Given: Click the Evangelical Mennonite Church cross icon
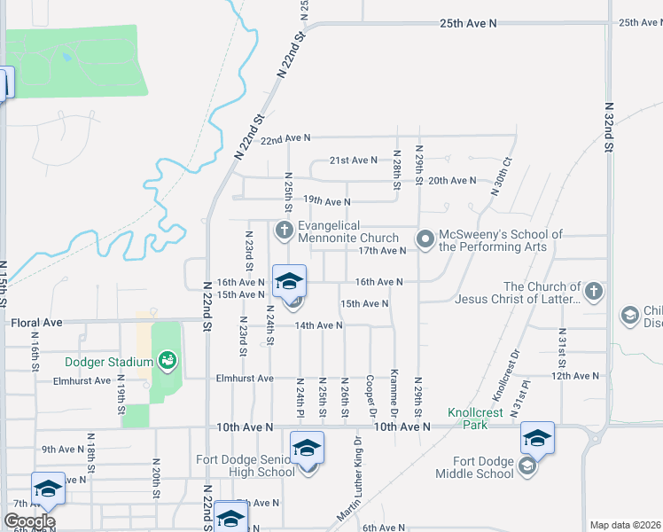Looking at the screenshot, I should (285, 231).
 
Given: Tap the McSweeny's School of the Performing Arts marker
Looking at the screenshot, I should (425, 239).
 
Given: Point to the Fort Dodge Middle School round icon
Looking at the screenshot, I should (527, 466).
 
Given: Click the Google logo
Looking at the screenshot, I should (29, 521).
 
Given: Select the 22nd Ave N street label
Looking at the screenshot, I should (285, 138).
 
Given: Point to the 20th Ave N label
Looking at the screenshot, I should (452, 180).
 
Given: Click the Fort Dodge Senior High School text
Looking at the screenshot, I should (246, 465).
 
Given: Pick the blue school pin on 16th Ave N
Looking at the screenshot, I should (288, 283).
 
